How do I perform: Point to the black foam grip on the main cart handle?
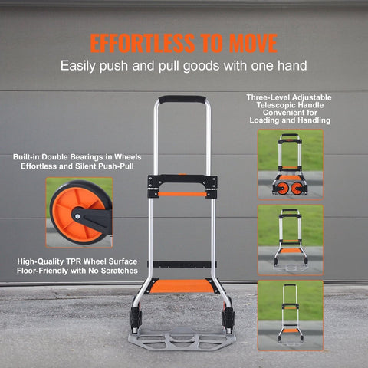(182, 100)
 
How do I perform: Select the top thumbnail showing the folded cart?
(290, 164)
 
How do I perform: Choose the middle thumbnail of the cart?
(290, 240)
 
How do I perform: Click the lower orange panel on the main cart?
(183, 285)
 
